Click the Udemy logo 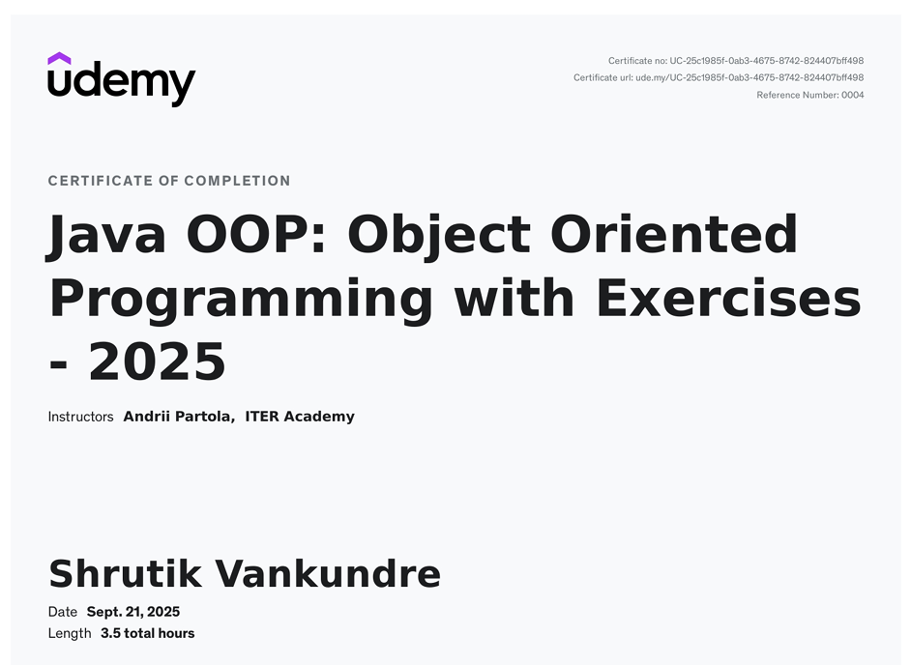click(121, 82)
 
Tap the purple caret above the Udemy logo click(59, 59)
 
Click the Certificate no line click(735, 61)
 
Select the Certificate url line click(718, 77)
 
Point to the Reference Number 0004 click(809, 95)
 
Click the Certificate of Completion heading click(169, 181)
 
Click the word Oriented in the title click(674, 235)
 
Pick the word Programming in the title click(241, 300)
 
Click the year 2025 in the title click(157, 362)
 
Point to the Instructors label click(80, 417)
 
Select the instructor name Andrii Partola click(178, 417)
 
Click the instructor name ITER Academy click(300, 417)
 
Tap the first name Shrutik click(125, 574)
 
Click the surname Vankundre click(328, 574)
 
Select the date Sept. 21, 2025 click(133, 612)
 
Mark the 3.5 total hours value click(147, 634)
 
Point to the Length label click(70, 634)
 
